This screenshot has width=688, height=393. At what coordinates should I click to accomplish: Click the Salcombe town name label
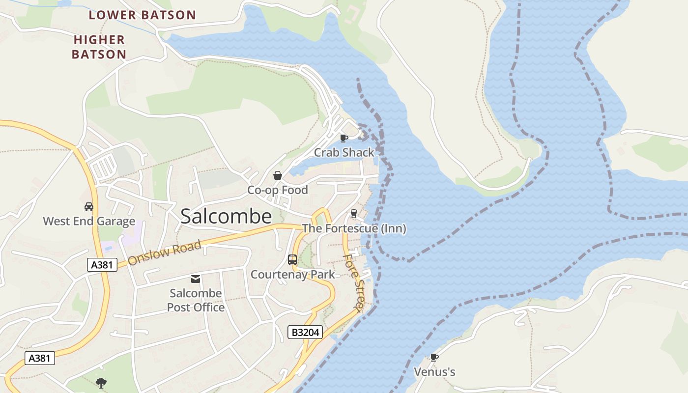pos(226,216)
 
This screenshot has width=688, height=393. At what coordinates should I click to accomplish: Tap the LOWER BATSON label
pos(143,15)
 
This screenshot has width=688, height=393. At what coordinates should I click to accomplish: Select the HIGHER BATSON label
pos(99,47)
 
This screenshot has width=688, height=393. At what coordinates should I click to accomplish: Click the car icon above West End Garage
pos(89,206)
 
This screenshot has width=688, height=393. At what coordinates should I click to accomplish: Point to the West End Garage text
pos(89,221)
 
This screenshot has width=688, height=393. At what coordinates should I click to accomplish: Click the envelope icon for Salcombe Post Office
pos(196,279)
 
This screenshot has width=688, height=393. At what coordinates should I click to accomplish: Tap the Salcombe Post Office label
pos(196,300)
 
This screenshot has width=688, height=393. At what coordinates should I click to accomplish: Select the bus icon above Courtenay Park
pos(292,259)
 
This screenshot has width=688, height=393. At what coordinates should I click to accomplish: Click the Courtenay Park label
pos(293,275)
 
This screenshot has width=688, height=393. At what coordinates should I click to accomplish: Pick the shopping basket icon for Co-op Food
pos(278,175)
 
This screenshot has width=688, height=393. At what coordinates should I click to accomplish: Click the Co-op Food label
pos(278,190)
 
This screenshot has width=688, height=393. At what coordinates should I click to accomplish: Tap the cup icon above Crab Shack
pos(344,138)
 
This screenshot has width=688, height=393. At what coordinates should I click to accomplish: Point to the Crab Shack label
pos(344,152)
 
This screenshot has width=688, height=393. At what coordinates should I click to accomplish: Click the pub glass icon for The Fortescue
pos(353,213)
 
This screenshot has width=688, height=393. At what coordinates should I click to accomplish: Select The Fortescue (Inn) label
pos(354,228)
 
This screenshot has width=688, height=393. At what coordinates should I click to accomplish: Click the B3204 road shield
pos(306,333)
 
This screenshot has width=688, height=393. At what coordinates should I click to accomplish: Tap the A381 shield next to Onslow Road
pos(102,265)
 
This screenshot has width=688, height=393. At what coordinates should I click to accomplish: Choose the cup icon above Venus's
pos(434,357)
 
